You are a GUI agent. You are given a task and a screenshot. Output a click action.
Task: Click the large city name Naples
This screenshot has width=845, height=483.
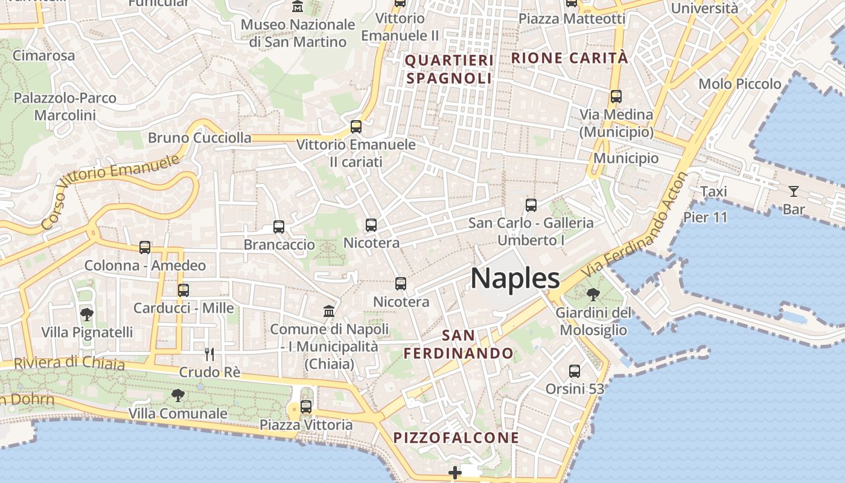[515, 278]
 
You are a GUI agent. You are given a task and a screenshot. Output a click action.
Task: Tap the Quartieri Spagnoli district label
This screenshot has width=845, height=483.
[449, 69]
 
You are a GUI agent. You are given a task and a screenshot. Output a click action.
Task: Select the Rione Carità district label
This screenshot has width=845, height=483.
[570, 58]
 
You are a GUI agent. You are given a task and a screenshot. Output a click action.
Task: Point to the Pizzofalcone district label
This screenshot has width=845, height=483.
[456, 438]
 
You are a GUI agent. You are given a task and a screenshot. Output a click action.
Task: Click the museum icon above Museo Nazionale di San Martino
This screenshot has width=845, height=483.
[298, 7]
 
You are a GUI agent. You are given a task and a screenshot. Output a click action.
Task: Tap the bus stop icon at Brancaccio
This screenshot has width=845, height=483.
[278, 227]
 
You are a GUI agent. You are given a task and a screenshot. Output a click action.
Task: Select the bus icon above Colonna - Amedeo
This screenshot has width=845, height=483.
[145, 248]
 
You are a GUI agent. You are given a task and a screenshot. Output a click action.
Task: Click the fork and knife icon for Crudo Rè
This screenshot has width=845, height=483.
[209, 354]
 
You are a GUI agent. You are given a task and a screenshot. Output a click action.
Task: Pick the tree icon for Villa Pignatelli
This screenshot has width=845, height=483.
[87, 314]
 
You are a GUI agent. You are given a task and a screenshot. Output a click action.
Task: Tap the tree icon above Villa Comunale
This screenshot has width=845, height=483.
[177, 395]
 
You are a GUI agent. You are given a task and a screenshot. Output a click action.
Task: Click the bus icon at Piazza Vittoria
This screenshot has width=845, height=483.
[306, 407]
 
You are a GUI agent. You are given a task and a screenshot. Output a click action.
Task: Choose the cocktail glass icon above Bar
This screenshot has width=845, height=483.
[793, 191]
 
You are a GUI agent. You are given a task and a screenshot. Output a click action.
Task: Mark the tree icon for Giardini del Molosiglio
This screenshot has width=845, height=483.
[593, 295]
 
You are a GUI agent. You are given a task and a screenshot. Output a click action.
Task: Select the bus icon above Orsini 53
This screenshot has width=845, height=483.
[574, 371]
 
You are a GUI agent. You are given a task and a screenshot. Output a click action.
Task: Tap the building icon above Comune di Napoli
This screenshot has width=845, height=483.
[329, 312]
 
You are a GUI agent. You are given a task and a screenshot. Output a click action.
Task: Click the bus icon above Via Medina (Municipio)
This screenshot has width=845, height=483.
[616, 96]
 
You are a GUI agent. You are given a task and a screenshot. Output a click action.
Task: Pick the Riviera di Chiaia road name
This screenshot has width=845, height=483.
[69, 363]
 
